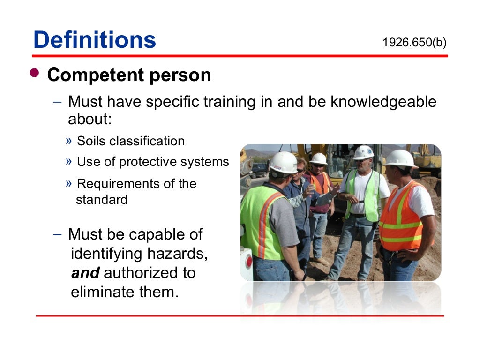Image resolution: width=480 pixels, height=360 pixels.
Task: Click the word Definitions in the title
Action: pos(95,40)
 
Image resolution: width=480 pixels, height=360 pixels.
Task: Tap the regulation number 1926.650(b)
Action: pos(414,43)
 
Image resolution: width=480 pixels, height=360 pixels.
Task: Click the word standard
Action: pos(102,200)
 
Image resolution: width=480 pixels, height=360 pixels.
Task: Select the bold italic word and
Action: pos(85,272)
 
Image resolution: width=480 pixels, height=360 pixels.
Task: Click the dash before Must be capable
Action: pos(57,234)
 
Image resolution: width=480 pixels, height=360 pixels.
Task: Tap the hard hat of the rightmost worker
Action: pos(400,158)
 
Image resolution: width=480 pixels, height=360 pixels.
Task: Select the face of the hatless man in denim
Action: pos(300,167)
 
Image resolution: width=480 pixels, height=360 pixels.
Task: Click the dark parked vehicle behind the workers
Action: pos(259,169)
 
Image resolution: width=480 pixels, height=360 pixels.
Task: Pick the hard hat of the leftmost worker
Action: pos(283,162)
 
